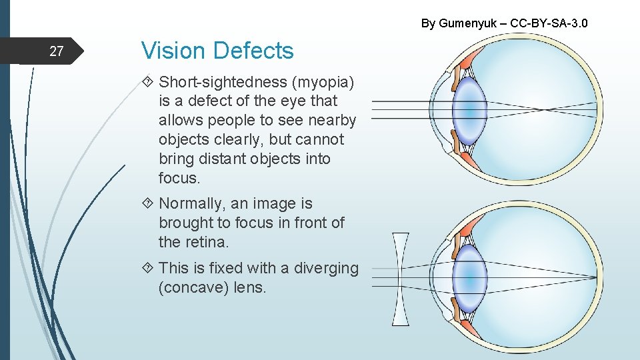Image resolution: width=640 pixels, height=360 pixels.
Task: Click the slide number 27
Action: point(56,51)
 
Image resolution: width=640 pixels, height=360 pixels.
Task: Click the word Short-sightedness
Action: point(223,82)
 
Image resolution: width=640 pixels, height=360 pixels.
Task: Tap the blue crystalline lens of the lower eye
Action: point(469,275)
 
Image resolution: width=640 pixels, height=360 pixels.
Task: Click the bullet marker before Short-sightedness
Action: point(148,83)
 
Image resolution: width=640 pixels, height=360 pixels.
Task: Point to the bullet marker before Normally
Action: point(148,204)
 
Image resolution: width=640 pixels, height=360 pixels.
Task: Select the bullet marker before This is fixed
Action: point(148,269)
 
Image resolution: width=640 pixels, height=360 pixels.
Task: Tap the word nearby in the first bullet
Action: point(332,121)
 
